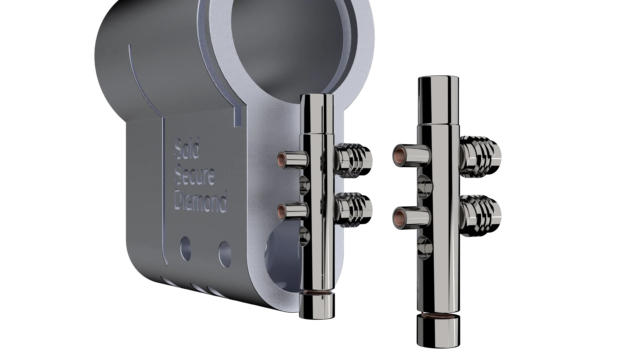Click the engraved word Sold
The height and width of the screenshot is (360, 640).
tap(187, 149)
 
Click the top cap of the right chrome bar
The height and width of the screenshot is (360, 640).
tap(437, 100)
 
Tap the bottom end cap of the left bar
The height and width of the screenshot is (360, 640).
tap(316, 307)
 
